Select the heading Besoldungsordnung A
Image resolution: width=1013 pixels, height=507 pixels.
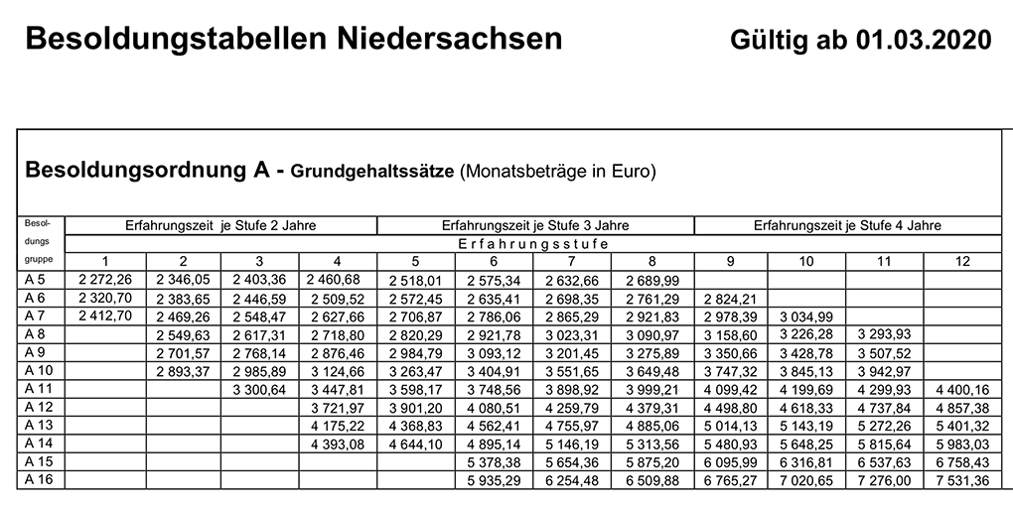(x=147, y=169)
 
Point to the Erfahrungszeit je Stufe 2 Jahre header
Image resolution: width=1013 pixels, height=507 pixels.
(x=220, y=225)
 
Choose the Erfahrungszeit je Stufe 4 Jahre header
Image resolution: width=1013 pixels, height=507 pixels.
(x=847, y=225)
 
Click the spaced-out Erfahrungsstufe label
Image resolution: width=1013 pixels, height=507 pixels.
(x=532, y=243)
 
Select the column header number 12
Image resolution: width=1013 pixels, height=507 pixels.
(x=961, y=261)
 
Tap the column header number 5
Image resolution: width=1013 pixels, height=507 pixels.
(x=415, y=261)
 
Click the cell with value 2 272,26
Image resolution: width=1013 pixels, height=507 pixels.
(x=103, y=280)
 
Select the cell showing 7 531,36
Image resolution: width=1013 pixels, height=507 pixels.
(x=961, y=479)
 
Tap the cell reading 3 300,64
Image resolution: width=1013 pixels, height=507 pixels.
(x=260, y=389)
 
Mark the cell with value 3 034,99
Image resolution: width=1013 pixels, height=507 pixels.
(x=806, y=316)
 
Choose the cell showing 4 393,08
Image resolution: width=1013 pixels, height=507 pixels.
(x=339, y=444)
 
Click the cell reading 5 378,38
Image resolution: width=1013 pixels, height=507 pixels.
(x=495, y=461)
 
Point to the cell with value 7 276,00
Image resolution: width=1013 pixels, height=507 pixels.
(x=884, y=479)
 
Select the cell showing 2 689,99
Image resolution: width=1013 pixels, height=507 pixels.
(x=651, y=280)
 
